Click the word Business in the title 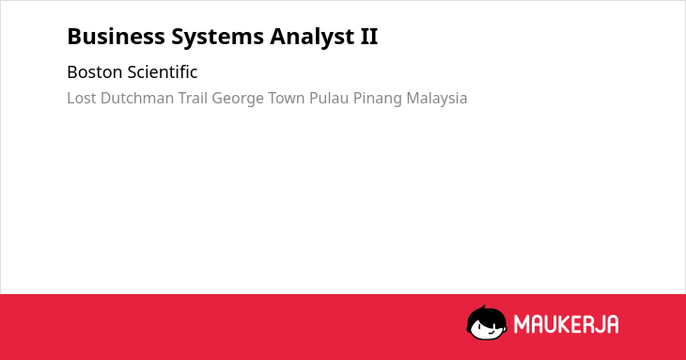click(x=116, y=37)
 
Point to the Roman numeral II click(x=368, y=37)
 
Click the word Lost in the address click(x=82, y=98)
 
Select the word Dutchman click(x=137, y=98)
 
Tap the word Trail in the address click(x=193, y=98)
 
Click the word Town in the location click(x=286, y=98)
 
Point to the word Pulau click(x=329, y=98)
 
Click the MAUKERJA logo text click(x=566, y=324)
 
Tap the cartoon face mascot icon click(x=487, y=322)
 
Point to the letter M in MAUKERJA click(x=521, y=324)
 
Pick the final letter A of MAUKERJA click(x=612, y=324)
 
